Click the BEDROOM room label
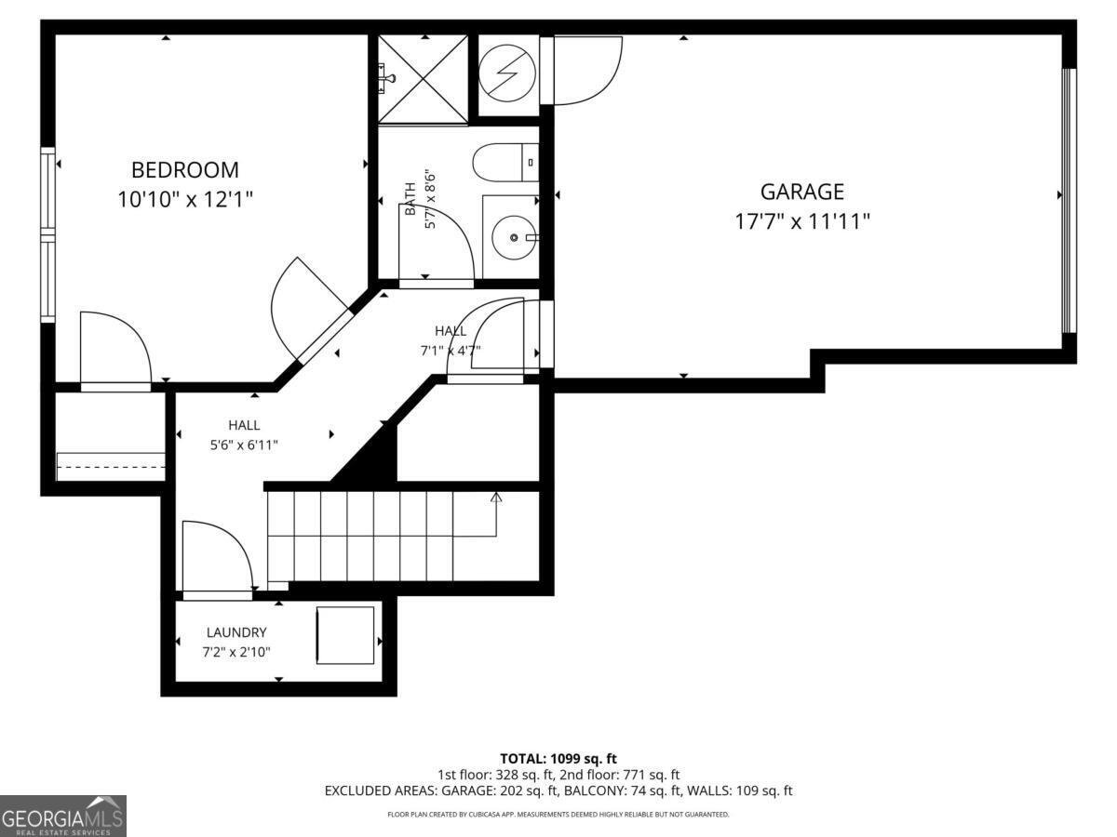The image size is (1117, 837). coord(184,170)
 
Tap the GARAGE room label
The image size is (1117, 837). coord(801,192)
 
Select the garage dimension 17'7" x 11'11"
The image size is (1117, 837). coord(801,221)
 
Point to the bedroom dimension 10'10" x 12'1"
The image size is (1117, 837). coord(184,199)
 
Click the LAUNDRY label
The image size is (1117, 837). coord(236,632)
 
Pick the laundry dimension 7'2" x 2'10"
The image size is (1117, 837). coord(236,652)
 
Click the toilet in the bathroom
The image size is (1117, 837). coord(506,163)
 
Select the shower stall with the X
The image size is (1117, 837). coord(424,79)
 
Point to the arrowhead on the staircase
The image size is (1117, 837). coord(496,498)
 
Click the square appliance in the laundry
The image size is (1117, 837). coord(344,635)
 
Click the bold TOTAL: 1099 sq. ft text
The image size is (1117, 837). coord(558,759)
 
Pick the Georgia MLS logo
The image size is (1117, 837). coord(62,816)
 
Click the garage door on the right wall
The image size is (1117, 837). coord(1070,200)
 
